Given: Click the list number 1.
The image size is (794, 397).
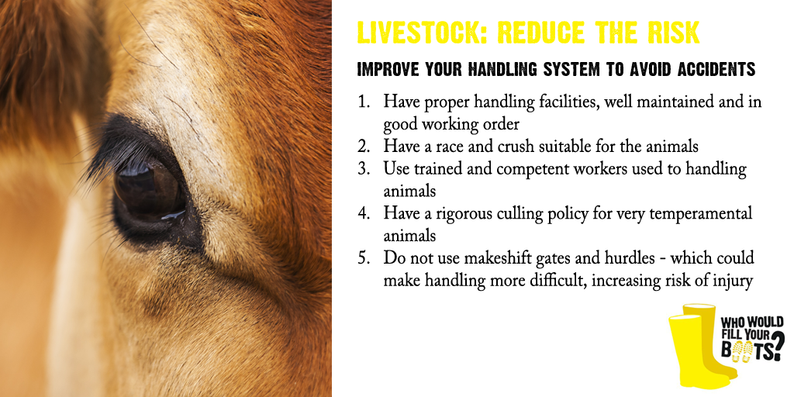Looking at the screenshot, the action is click(x=363, y=102).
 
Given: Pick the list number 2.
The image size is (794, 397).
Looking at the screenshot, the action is click(x=363, y=147).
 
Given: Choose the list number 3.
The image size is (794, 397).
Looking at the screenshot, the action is click(x=363, y=168).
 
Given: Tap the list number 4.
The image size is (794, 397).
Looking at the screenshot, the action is click(x=363, y=213).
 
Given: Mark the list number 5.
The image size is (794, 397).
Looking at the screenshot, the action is click(x=363, y=257).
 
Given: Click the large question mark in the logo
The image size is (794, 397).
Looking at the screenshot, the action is click(x=777, y=345).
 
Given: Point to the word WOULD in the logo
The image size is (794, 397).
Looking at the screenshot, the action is click(x=765, y=323).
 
